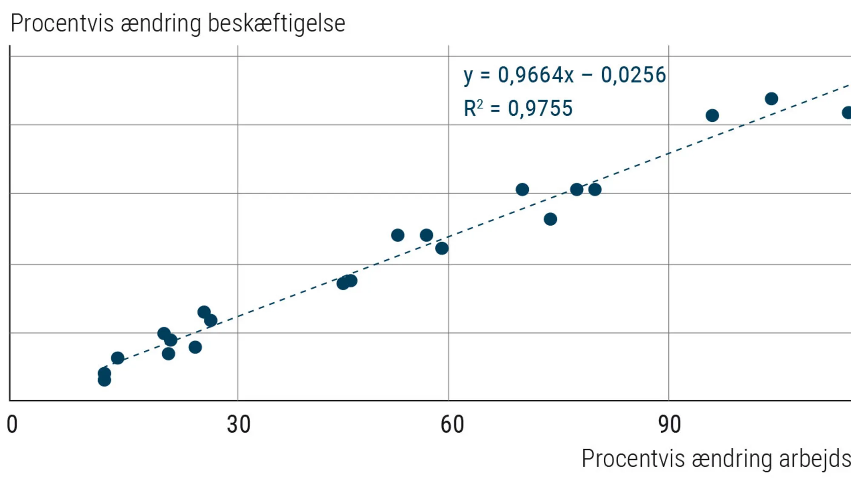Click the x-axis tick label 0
pos(12,424)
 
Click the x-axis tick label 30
pos(238,424)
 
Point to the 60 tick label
pos(452,424)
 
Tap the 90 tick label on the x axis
pos(669,424)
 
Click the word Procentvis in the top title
pos(62,23)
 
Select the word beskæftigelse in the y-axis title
pos(276,23)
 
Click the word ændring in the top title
pos(160,23)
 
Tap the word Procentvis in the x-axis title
pos(633,459)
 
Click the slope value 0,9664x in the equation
pos(535,75)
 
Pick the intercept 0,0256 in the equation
pos(633,75)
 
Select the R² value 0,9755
pos(540,109)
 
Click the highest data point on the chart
pos(771,99)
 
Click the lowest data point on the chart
pos(104,380)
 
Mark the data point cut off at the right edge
pos(847,113)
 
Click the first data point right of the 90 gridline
pos(712,115)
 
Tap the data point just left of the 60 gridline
pos(442,248)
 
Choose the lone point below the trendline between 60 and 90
pos(550,219)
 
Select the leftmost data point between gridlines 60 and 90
pos(522,189)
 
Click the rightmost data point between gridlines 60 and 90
pos(594,189)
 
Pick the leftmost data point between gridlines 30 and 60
pos(343,283)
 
